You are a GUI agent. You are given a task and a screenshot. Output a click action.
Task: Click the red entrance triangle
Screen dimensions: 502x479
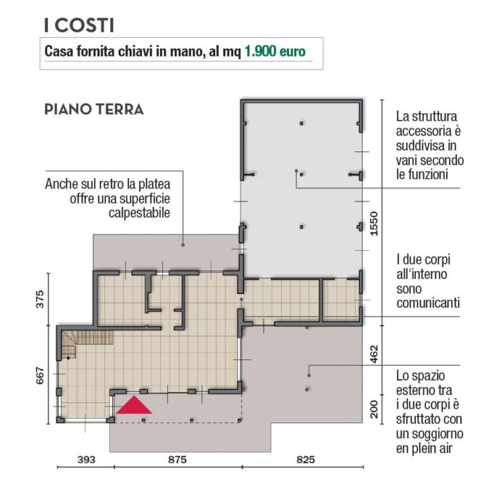pyautogui.click(x=134, y=405)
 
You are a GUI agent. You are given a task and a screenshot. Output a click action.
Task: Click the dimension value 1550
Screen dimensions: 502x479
pyautogui.click(x=374, y=224)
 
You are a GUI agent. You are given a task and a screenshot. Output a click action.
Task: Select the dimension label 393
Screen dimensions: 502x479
pyautogui.click(x=87, y=460)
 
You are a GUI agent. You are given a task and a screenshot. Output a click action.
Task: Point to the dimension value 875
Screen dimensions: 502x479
pyautogui.click(x=177, y=460)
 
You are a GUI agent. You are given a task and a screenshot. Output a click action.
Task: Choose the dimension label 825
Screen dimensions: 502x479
pyautogui.click(x=306, y=460)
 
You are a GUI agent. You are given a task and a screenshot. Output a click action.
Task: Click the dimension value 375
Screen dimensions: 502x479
pyautogui.click(x=39, y=299)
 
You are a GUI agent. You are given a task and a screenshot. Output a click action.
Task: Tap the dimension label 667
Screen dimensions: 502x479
pyautogui.click(x=39, y=376)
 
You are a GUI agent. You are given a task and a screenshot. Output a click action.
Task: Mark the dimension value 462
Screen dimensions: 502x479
pyautogui.click(x=374, y=354)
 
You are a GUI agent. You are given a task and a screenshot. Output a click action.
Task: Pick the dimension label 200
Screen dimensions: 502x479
pyautogui.click(x=374, y=409)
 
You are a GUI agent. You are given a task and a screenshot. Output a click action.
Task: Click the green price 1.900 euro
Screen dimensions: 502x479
pyautogui.click(x=275, y=52)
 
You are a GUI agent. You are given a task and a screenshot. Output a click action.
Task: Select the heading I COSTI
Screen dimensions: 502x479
pyautogui.click(x=79, y=25)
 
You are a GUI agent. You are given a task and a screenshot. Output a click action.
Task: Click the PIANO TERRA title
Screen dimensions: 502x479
pyautogui.click(x=94, y=110)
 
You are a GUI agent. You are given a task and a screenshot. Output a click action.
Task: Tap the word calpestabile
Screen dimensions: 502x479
pyautogui.click(x=139, y=213)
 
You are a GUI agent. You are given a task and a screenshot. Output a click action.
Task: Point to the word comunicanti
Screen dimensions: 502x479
pyautogui.click(x=428, y=303)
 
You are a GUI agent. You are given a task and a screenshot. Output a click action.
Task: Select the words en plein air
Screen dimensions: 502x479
pyautogui.click(x=425, y=449)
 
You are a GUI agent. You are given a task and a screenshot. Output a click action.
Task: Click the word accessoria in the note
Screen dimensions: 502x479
pyautogui.click(x=425, y=131)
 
